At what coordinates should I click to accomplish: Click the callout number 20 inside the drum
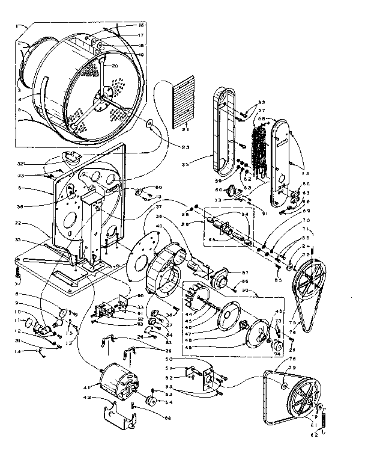pos(115,66)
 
